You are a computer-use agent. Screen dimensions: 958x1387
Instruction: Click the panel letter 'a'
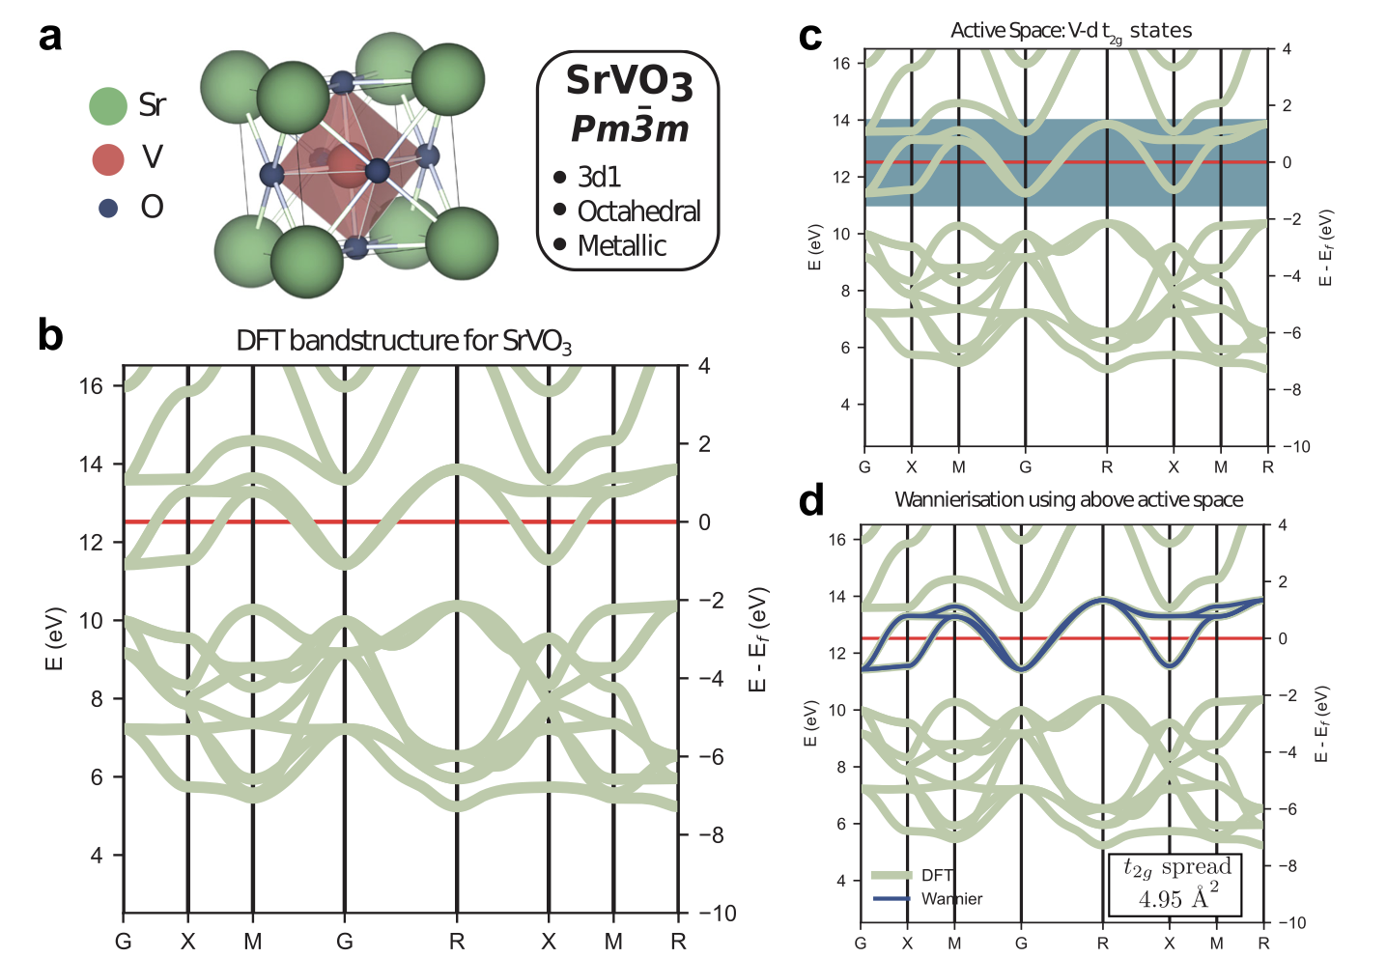tap(50, 37)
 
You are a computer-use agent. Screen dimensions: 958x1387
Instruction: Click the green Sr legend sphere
tap(108, 106)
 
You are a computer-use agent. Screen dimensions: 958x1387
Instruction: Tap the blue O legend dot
tap(108, 208)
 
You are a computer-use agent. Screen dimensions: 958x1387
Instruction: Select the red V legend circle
tap(108, 159)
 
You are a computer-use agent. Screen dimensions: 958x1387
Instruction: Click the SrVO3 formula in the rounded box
tap(629, 81)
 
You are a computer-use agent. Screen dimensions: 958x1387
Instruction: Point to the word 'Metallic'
tap(621, 246)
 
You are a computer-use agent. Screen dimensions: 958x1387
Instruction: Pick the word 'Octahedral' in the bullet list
tap(638, 211)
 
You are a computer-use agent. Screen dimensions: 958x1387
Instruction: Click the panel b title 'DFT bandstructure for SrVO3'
tap(404, 341)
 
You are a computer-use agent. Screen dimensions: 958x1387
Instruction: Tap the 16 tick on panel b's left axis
tap(91, 386)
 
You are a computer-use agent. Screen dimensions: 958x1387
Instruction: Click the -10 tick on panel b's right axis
tap(717, 914)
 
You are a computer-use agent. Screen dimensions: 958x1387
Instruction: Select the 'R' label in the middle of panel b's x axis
tap(457, 942)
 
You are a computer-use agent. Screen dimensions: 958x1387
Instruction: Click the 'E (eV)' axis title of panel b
tap(54, 638)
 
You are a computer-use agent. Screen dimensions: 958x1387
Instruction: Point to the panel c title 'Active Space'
tap(1070, 31)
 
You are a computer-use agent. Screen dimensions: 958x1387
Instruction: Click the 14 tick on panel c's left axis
tap(841, 121)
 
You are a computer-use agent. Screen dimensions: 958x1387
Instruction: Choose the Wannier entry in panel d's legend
tap(951, 899)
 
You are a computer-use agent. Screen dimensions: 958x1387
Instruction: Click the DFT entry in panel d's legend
tap(937, 875)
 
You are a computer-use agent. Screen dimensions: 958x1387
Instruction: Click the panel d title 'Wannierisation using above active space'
tap(1068, 499)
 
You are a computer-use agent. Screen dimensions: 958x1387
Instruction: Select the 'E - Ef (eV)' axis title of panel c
tap(1326, 247)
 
